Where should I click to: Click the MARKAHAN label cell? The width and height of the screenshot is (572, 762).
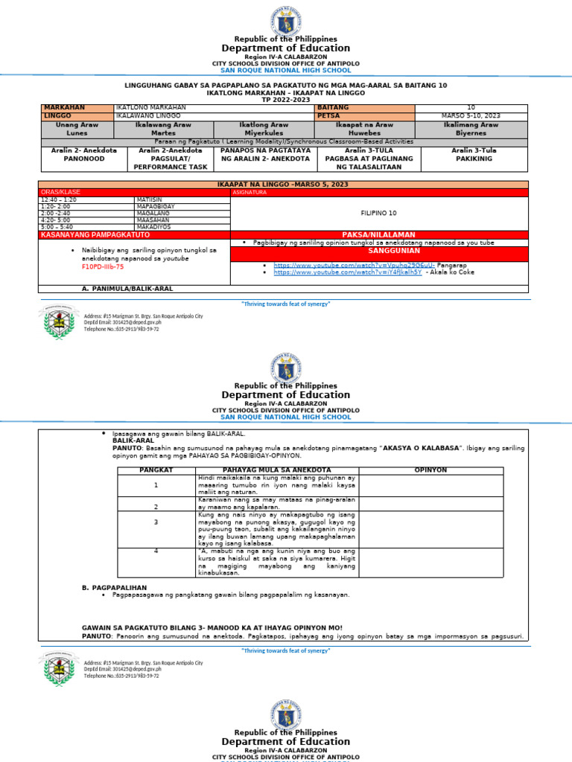tap(65, 108)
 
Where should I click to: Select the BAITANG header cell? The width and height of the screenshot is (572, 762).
tap(333, 108)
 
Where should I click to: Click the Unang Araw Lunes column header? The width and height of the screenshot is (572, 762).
tap(77, 129)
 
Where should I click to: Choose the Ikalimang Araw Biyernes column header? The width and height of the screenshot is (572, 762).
tap(471, 129)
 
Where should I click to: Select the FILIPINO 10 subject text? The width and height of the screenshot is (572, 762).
tap(378, 213)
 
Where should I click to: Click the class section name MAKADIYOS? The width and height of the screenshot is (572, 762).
tap(154, 227)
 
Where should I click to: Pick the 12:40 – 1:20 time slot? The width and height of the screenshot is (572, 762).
tap(59, 199)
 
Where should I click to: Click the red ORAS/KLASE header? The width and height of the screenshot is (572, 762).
tap(61, 192)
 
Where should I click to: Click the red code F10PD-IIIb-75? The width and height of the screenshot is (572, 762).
tap(103, 266)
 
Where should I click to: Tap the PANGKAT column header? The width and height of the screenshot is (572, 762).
tap(156, 470)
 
